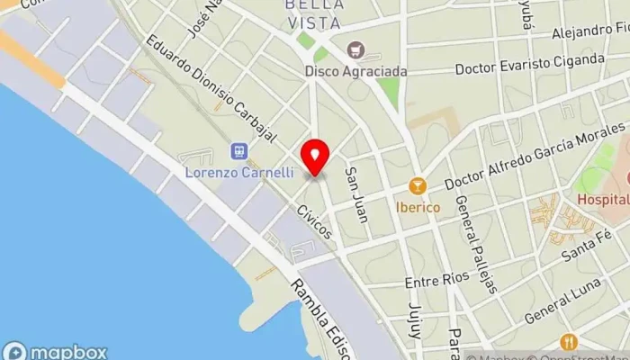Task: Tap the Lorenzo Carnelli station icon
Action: point(239,151)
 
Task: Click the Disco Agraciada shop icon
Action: point(355,49)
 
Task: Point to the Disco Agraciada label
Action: point(355,70)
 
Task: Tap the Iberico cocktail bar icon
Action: point(417,186)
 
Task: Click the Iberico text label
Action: point(418,207)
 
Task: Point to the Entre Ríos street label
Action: point(436,281)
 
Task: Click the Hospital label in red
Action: point(602,199)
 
